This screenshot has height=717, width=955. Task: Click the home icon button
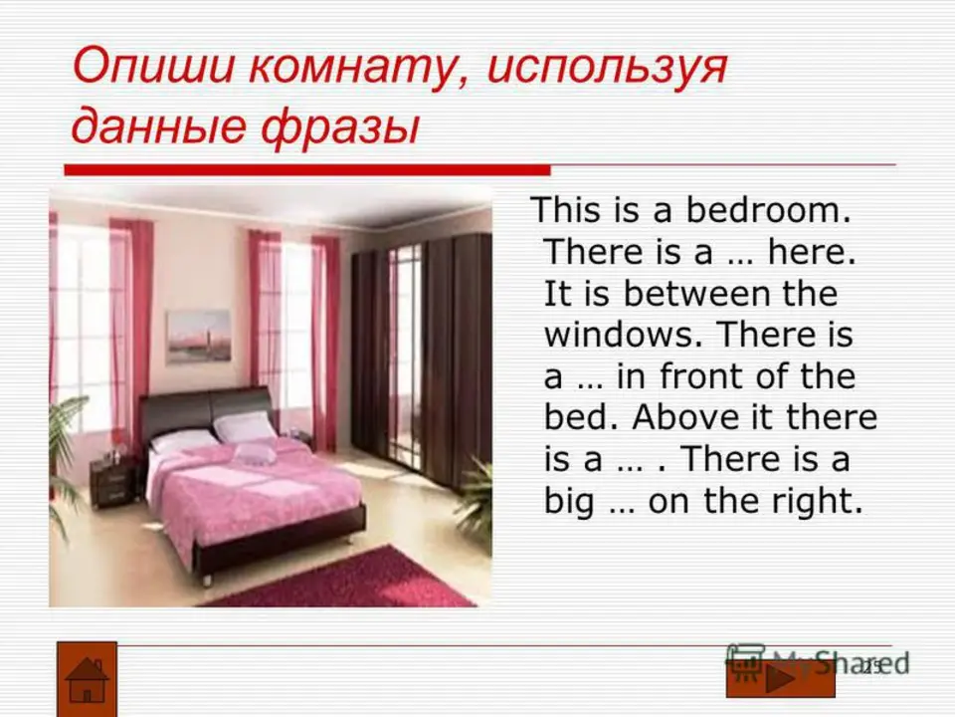88,679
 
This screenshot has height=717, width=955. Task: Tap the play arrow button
780,679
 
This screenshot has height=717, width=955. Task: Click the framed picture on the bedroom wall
199,336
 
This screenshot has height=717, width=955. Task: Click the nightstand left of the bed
113,482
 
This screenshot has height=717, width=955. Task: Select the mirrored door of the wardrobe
405,354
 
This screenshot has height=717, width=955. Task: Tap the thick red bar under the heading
307,170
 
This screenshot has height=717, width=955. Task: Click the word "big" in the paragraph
568,501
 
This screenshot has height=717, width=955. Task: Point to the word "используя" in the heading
607,67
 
